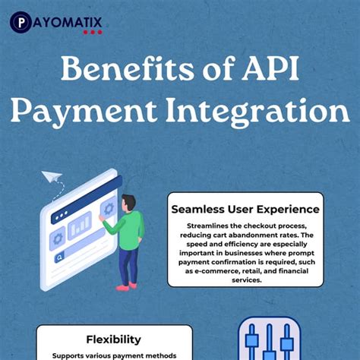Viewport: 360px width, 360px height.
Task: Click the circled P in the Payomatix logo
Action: [x=21, y=21]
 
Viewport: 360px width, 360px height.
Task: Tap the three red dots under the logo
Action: [x=93, y=33]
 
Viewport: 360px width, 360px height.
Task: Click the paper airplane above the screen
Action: [x=52, y=178]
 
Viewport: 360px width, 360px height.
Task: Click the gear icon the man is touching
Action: [x=108, y=207]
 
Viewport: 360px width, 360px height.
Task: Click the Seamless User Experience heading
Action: [x=245, y=208]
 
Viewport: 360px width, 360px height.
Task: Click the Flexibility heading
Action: [x=113, y=339]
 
